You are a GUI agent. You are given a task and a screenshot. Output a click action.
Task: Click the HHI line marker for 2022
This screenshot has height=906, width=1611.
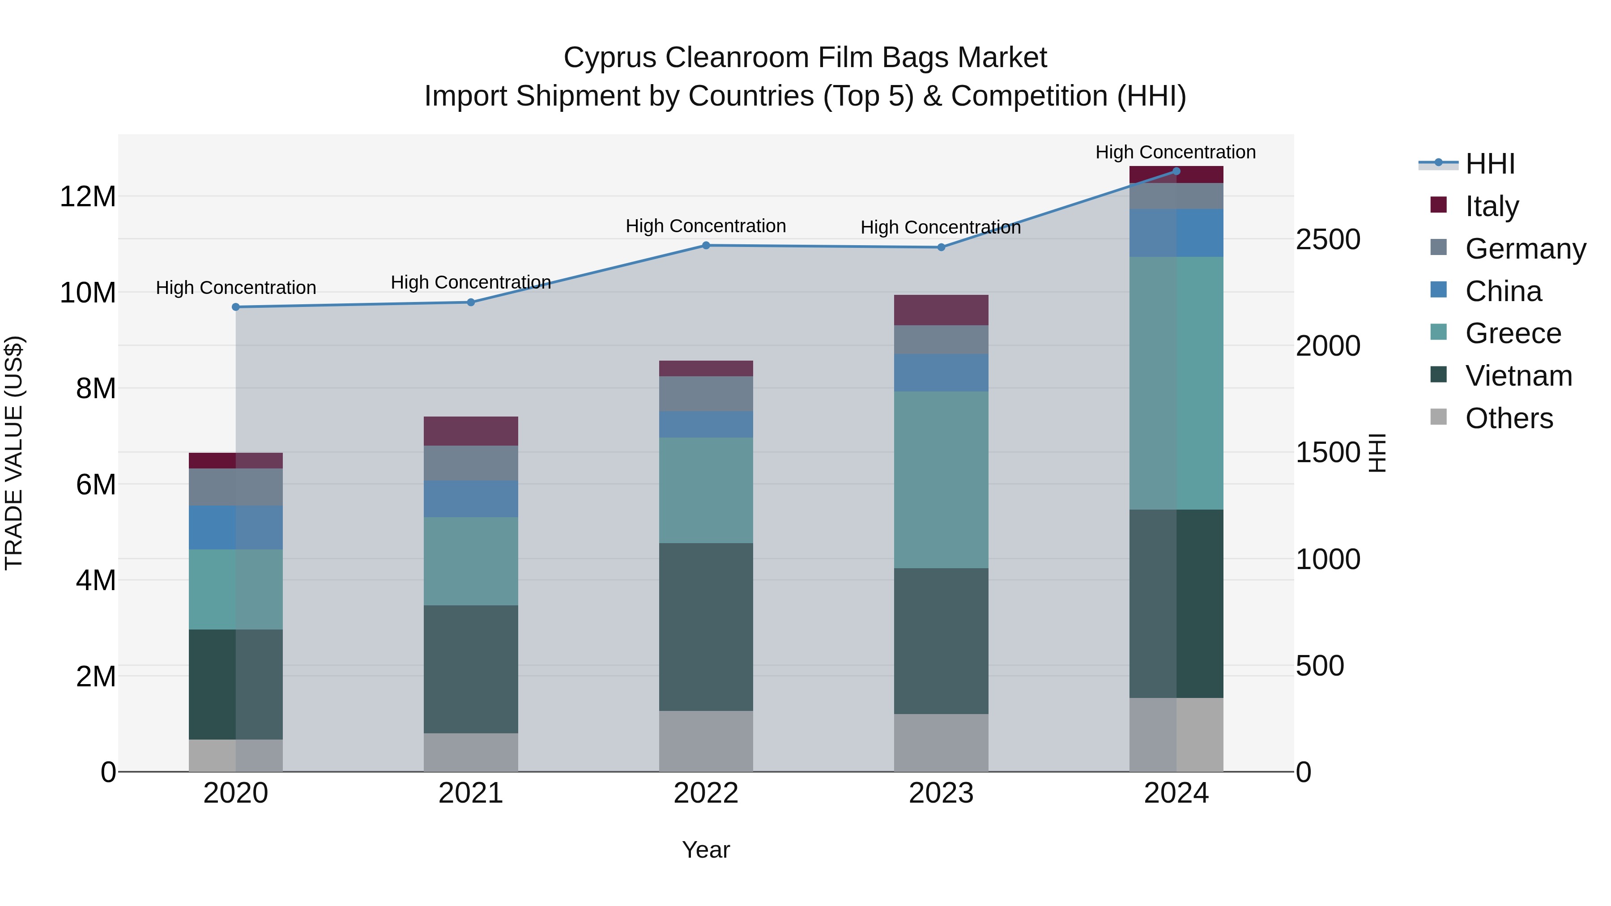pos(706,245)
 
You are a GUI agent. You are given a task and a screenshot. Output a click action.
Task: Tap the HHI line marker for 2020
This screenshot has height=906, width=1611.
pos(236,307)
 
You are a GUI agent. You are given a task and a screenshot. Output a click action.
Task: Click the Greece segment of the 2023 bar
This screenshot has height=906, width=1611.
pos(941,480)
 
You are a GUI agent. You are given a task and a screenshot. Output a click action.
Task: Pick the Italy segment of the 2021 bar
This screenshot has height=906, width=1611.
pos(471,431)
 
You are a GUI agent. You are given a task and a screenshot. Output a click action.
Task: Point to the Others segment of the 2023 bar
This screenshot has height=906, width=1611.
pos(941,743)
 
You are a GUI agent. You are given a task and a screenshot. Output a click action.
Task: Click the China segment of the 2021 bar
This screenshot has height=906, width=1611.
pos(471,498)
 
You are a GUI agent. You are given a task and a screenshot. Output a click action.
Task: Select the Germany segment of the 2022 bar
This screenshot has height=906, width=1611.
pos(706,393)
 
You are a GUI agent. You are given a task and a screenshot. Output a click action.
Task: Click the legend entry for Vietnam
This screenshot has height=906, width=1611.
pos(1518,376)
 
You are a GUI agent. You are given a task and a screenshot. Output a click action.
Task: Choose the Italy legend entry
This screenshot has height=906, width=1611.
pos(1492,206)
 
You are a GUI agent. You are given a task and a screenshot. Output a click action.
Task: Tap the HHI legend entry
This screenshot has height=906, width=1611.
pos(1490,164)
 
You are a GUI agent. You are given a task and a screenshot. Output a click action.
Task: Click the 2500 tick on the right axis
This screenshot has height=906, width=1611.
pos(1328,239)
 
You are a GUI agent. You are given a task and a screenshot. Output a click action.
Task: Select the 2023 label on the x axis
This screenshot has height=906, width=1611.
pos(941,793)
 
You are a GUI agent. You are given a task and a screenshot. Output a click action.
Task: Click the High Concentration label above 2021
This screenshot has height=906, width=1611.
pos(471,282)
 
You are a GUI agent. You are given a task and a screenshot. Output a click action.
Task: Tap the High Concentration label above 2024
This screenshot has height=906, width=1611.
pos(1176,152)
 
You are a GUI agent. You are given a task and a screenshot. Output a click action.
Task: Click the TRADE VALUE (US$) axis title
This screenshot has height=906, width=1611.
pos(14,453)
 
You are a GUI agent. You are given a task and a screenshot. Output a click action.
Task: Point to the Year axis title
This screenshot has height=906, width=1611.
pos(706,850)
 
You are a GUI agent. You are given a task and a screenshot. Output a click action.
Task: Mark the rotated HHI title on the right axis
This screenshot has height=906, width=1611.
pos(1377,453)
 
